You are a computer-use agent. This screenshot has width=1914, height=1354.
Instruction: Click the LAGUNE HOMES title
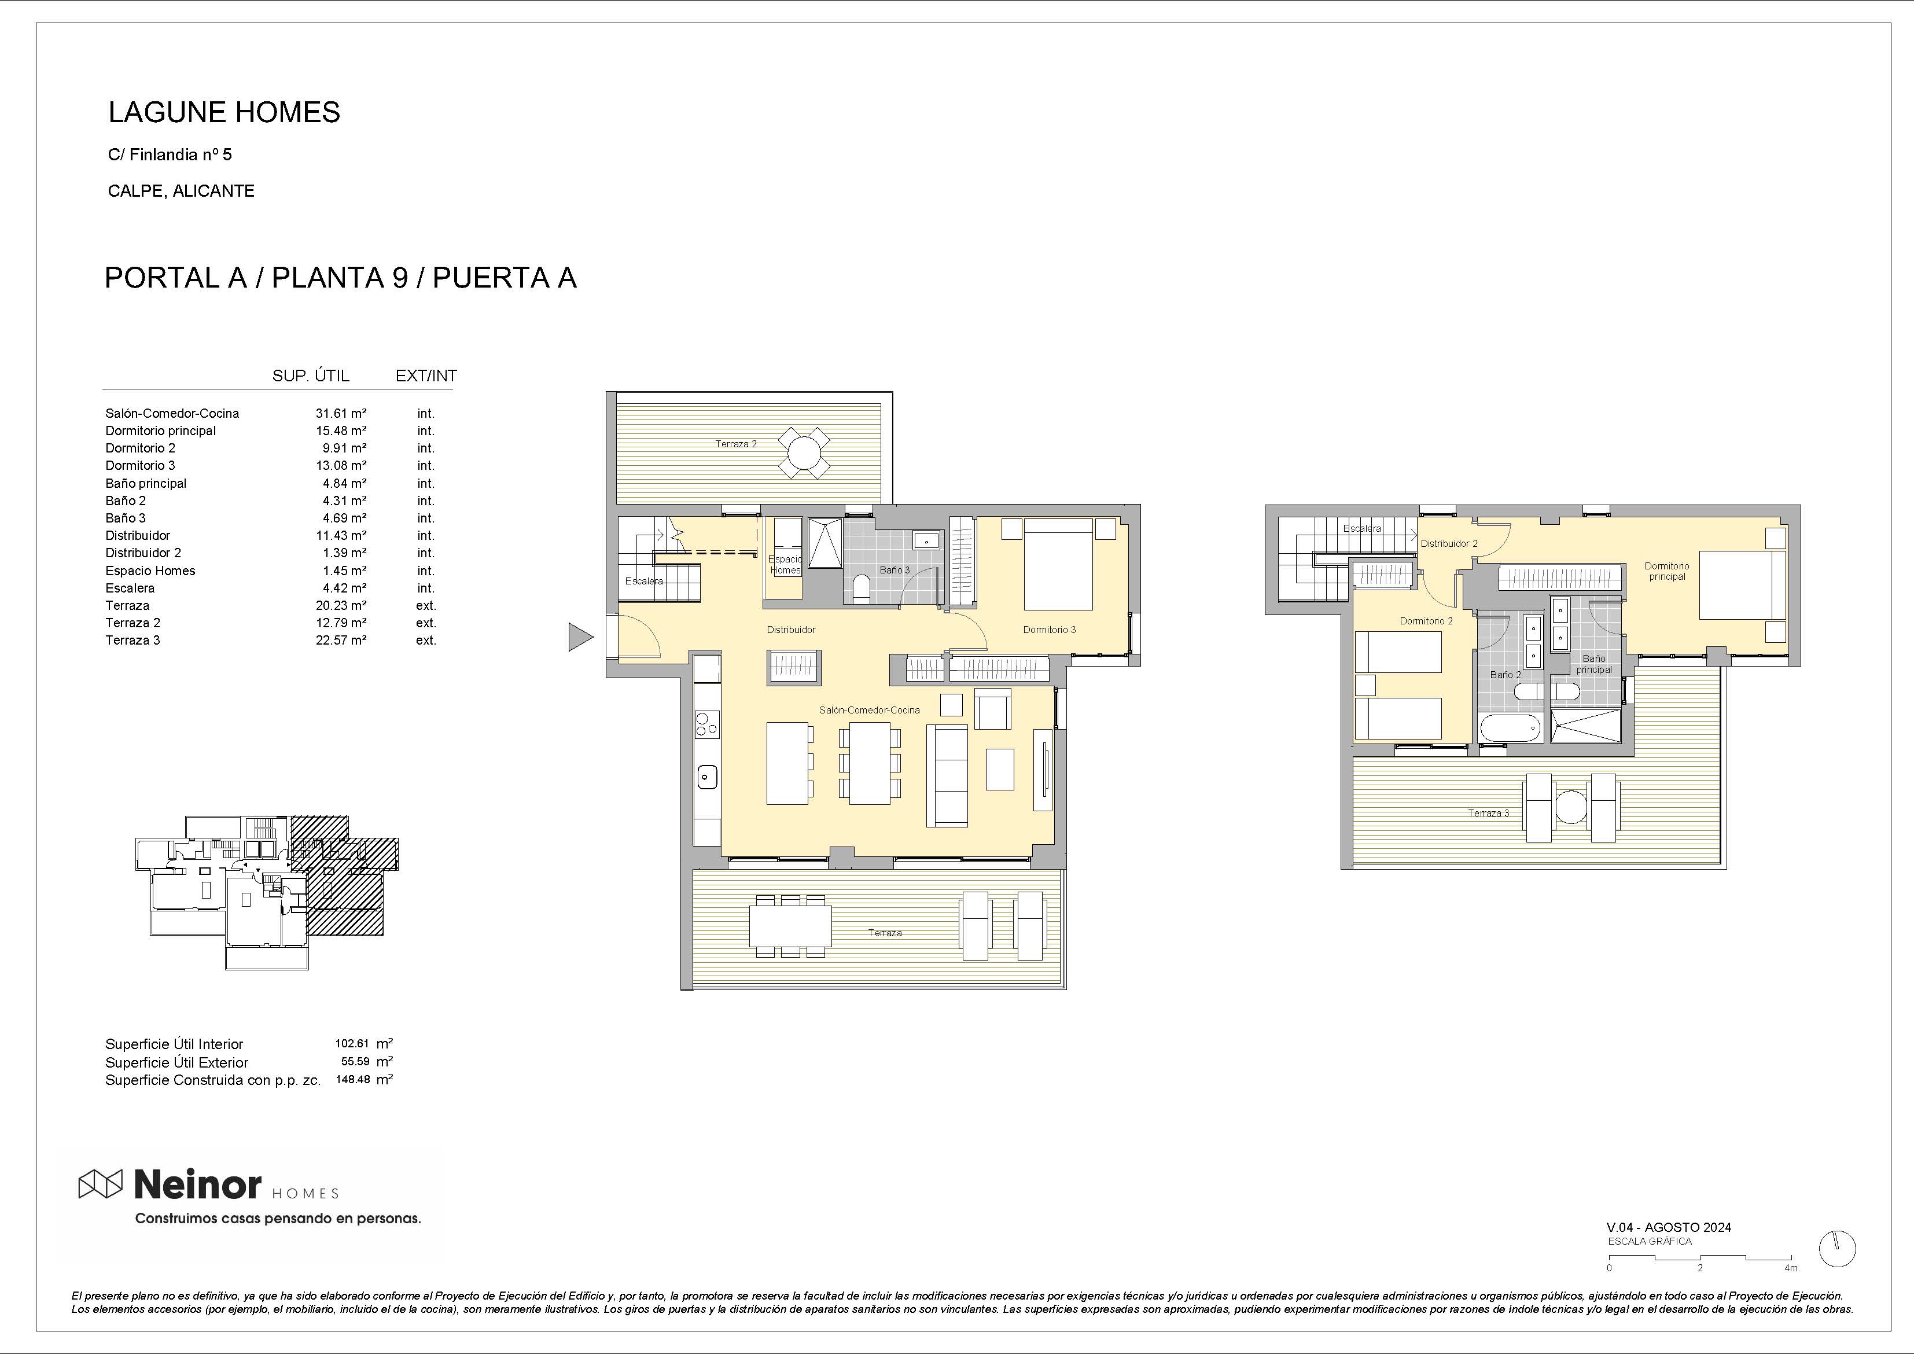coord(224,112)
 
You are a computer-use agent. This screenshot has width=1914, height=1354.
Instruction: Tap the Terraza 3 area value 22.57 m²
coord(341,641)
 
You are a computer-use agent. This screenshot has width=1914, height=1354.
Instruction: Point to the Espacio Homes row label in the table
coord(150,571)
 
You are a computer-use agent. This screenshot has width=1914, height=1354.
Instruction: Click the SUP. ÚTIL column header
coord(311,376)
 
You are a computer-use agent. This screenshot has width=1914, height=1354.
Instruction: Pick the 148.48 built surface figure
coord(352,1080)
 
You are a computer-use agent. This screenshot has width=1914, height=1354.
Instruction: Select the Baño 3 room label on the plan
coord(895,571)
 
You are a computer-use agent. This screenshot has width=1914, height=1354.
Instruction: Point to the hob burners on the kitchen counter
coord(706,724)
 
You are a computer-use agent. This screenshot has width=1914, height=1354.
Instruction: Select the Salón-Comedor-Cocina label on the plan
coord(870,711)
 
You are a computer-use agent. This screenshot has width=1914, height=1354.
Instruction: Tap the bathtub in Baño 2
coord(1511,728)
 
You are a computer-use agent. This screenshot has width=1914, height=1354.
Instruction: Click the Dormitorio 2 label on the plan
coord(1426,621)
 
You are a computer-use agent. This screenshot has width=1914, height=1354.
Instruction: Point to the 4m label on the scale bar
coord(1791,1268)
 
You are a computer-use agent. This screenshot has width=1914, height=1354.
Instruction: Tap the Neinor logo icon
coord(100,1184)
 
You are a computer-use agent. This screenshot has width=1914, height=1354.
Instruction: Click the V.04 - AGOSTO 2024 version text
coord(1669,1227)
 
